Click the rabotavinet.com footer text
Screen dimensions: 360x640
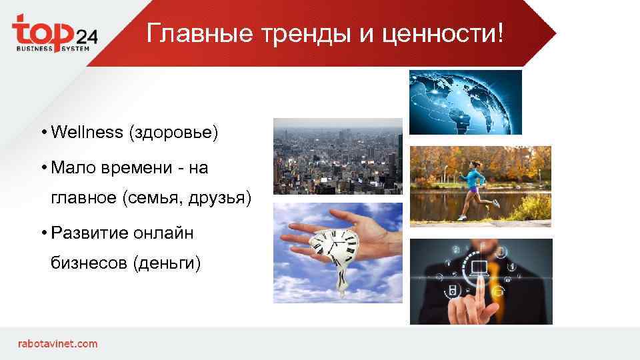click(57, 344)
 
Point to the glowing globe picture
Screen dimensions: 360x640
click(465, 102)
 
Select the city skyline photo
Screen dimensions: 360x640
click(337, 156)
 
